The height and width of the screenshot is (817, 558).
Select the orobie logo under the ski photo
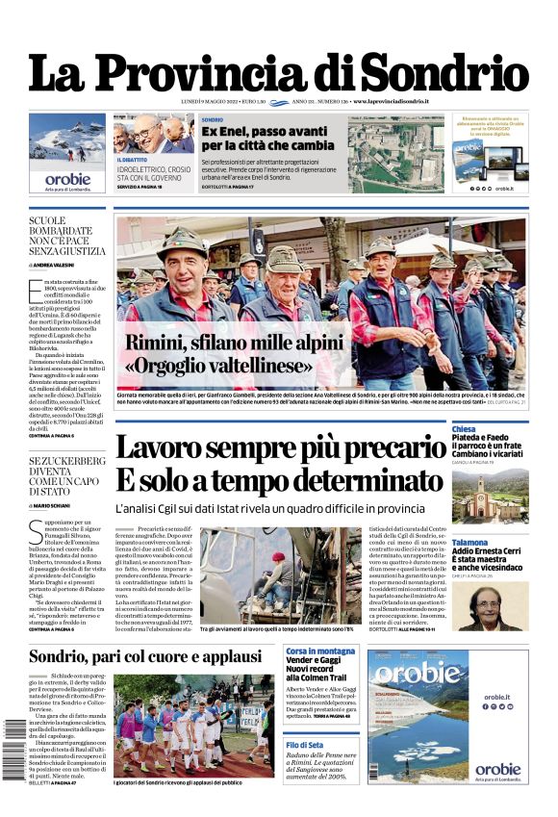click(x=67, y=179)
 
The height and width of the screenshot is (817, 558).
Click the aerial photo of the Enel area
click(x=395, y=155)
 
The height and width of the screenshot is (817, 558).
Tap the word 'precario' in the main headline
click(x=378, y=448)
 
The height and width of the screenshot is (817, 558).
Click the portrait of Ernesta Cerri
click(x=491, y=606)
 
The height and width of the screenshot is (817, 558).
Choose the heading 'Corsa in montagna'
click(x=320, y=651)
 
